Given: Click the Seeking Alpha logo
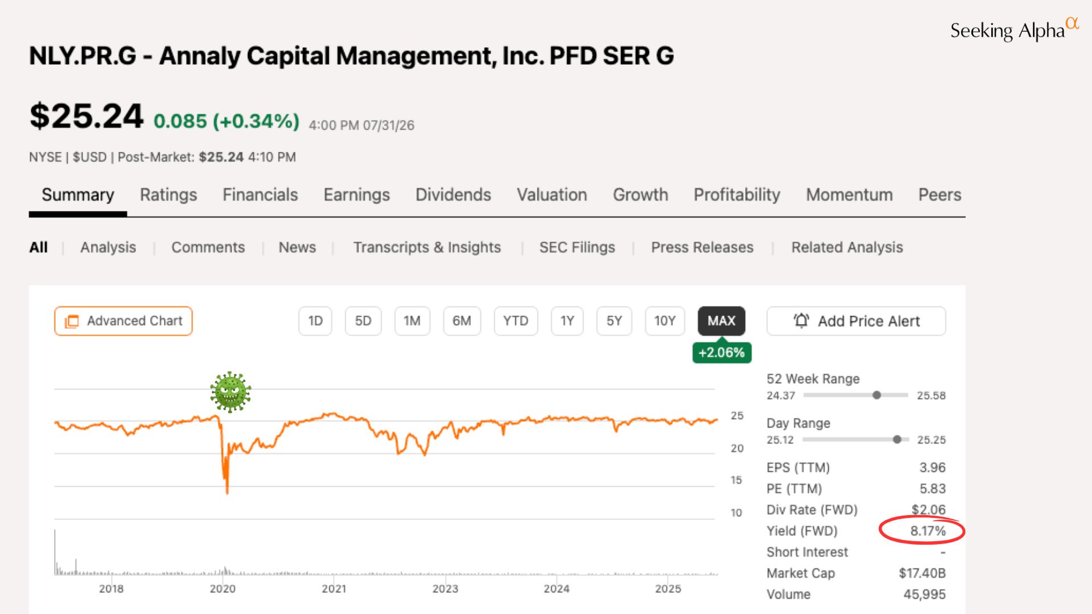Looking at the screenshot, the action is click(1015, 30).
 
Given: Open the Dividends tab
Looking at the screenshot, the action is click(453, 195).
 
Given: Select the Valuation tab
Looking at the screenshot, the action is click(552, 195).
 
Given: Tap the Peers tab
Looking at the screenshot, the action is click(940, 195).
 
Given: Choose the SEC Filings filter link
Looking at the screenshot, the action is click(577, 247).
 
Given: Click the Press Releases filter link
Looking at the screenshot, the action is click(702, 247).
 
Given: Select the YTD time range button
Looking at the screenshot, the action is click(516, 321).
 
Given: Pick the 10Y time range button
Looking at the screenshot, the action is click(665, 321).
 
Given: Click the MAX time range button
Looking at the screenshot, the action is click(721, 321).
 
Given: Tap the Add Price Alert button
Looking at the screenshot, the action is click(856, 321).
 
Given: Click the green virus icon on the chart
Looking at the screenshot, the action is click(230, 392).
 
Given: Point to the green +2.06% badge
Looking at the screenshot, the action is click(722, 352).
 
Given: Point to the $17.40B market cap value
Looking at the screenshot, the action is click(922, 573).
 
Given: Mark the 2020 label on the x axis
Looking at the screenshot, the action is click(222, 589).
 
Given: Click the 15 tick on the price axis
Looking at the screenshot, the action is click(737, 480).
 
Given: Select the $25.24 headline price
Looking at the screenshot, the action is click(86, 116).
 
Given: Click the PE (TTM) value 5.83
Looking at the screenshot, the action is click(933, 489).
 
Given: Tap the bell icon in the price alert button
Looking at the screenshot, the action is click(801, 321).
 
